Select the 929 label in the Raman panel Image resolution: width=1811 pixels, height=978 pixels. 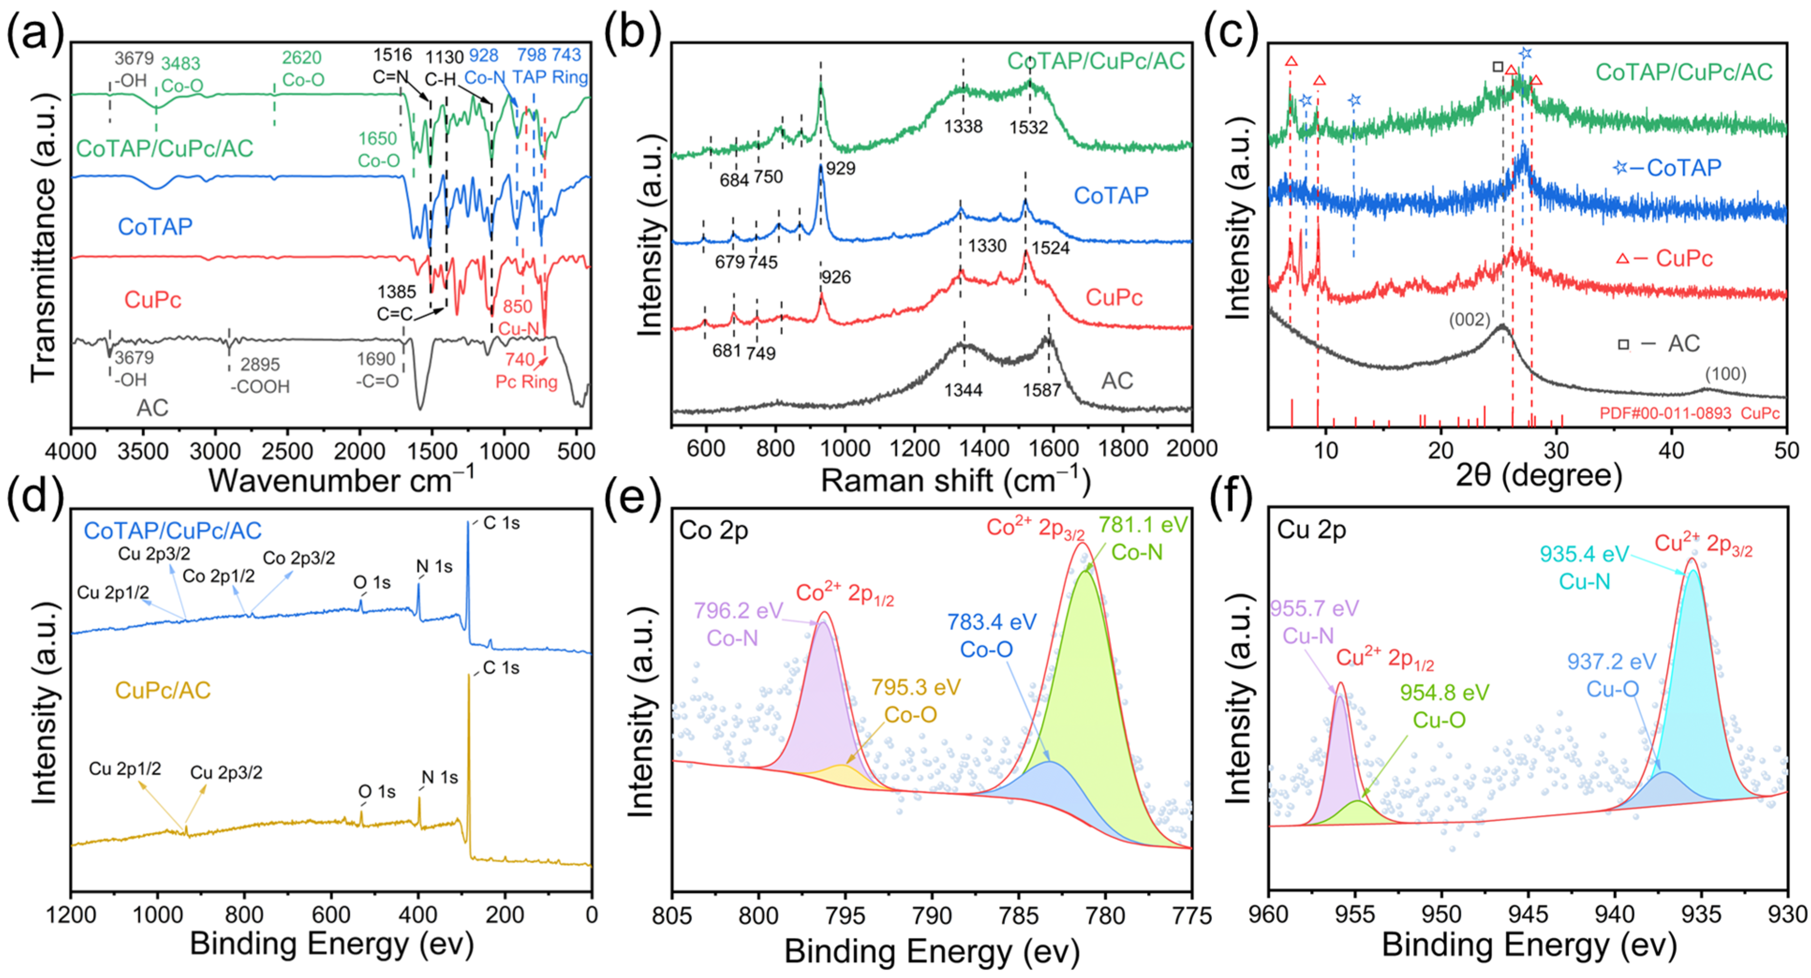pyautogui.click(x=841, y=169)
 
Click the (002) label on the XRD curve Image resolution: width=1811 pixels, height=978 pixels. pyautogui.click(x=1469, y=320)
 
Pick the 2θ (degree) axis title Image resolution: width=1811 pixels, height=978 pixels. pyautogui.click(x=1539, y=476)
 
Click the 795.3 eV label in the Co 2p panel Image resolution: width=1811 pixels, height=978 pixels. pyautogui.click(x=916, y=687)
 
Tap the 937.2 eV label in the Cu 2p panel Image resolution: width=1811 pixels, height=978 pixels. pyautogui.click(x=1611, y=662)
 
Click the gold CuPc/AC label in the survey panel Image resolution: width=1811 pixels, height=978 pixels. pyautogui.click(x=163, y=690)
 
